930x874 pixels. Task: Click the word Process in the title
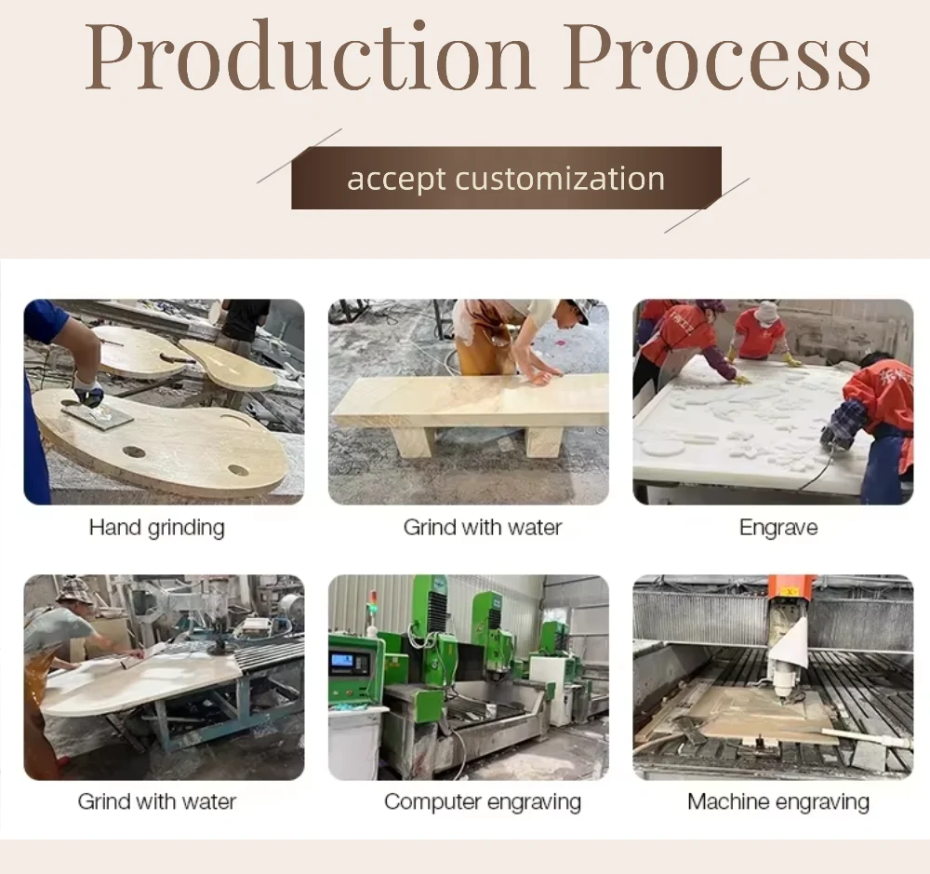tap(717, 58)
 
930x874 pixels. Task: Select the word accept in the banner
tap(395, 180)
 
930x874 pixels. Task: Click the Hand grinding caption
tap(156, 527)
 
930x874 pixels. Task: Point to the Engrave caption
tap(778, 527)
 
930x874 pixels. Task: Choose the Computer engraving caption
tap(482, 801)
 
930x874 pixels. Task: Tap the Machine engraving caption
tap(778, 801)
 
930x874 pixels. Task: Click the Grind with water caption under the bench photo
tap(482, 527)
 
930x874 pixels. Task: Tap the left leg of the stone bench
tap(416, 441)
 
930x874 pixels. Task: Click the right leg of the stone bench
tap(545, 441)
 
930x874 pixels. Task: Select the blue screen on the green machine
tap(342, 661)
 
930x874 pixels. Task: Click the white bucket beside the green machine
tap(355, 742)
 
